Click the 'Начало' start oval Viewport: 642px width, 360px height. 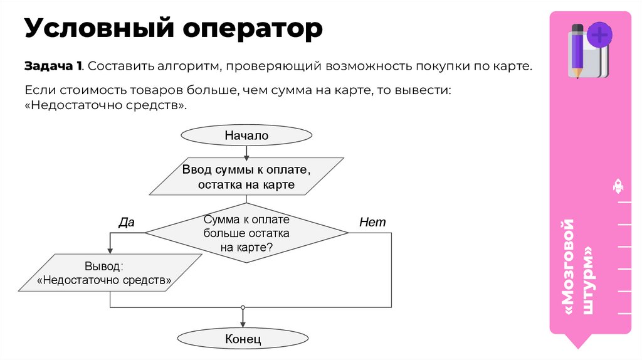click(246, 135)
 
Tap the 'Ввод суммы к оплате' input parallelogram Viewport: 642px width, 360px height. click(246, 177)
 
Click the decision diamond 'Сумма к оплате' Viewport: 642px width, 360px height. click(246, 233)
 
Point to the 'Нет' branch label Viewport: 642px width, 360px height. click(372, 222)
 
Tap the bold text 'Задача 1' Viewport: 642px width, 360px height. click(53, 66)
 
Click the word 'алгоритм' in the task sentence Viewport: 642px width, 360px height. click(185, 66)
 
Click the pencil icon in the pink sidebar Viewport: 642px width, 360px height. click(577, 50)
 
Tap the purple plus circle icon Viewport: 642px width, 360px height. click(600, 34)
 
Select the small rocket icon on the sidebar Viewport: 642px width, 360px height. click(617, 186)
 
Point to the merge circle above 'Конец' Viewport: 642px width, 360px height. click(243, 307)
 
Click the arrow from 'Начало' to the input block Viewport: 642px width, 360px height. click(246, 152)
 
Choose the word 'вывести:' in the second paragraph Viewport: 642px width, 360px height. click(423, 90)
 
